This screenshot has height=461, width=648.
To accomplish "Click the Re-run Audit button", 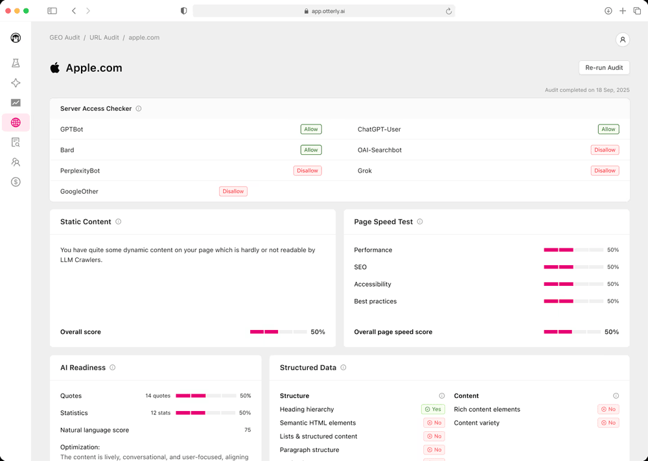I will coord(604,67).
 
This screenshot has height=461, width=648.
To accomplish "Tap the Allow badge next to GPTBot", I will coord(311,129).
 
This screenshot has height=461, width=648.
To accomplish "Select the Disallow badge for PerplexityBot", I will coord(307,171).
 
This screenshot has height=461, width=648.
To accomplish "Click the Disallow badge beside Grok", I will coord(605,171).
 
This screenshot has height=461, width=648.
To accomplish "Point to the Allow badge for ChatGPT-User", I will coord(608,129).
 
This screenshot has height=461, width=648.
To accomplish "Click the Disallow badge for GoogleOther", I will coord(233,191).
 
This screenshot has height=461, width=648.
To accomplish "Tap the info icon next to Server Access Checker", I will coord(139,109).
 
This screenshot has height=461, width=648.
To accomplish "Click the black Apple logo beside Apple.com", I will coord(55,68).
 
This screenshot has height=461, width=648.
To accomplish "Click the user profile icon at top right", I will coord(622,40).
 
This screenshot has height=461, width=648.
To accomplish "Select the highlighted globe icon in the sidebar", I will coord(16,123).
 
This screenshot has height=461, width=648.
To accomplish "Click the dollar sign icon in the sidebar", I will coord(16,182).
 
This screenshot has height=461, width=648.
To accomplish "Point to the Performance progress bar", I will coord(572,250).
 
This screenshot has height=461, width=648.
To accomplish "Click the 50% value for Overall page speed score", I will coord(612,332).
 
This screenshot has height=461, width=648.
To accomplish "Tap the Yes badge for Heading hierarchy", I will coord(433,409).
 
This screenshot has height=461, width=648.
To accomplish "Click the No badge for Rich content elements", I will coord(608,409).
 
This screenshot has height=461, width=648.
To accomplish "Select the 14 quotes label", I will coord(157,396).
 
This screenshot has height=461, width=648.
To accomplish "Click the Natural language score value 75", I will coord(247,430).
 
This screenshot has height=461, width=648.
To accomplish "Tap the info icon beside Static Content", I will coord(118,222).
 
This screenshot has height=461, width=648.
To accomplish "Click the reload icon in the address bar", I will coord(448,11).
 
